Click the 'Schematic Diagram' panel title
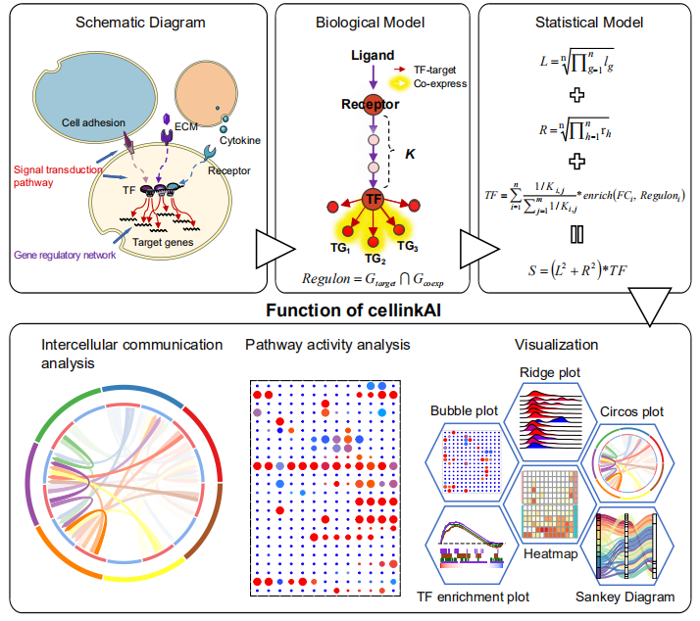click(140, 23)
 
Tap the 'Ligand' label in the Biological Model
click(373, 55)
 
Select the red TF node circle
click(374, 199)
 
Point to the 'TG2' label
click(375, 259)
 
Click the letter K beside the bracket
click(410, 154)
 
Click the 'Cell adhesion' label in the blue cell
click(93, 122)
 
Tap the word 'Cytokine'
click(240, 140)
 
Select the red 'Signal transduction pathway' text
click(58, 176)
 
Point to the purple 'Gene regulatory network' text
click(65, 256)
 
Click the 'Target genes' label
click(163, 242)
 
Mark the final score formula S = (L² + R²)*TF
click(577, 270)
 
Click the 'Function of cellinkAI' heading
click(353, 310)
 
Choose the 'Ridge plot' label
click(550, 372)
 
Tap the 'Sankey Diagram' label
click(625, 597)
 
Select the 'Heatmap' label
click(550, 554)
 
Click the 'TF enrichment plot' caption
click(473, 597)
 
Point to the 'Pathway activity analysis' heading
click(327, 345)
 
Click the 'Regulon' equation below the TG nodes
click(373, 279)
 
